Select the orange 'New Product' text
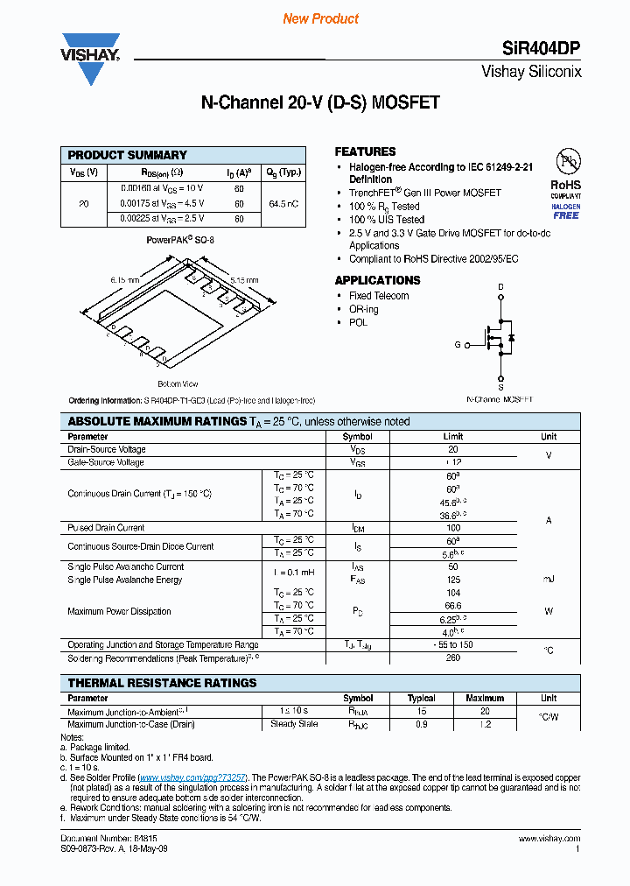[x=321, y=18]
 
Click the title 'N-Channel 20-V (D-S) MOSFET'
[x=320, y=102]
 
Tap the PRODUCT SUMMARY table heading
[x=128, y=155]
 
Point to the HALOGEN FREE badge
[x=566, y=211]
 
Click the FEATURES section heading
[x=365, y=151]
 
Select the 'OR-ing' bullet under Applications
[x=363, y=309]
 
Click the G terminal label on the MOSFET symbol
[x=457, y=345]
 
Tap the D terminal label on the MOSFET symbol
[x=500, y=286]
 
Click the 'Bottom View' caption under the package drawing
[x=178, y=384]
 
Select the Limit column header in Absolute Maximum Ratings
[x=453, y=436]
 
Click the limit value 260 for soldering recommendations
[x=453, y=657]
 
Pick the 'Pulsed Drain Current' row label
[x=106, y=528]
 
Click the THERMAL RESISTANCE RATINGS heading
[x=163, y=683]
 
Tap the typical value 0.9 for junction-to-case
[x=422, y=724]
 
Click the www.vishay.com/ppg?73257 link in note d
[x=192, y=777]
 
